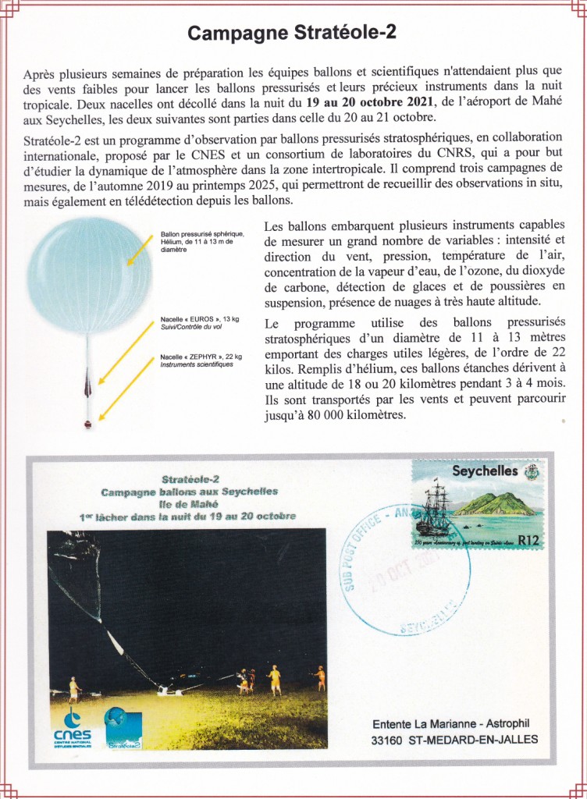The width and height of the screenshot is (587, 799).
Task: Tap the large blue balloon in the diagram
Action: tap(90, 275)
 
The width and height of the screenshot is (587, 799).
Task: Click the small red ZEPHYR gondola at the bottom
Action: tap(88, 424)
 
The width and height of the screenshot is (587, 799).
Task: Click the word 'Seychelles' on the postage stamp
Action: tap(485, 471)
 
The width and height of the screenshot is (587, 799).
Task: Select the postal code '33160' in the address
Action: tap(390, 739)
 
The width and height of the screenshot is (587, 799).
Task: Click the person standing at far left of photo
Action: tap(73, 689)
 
